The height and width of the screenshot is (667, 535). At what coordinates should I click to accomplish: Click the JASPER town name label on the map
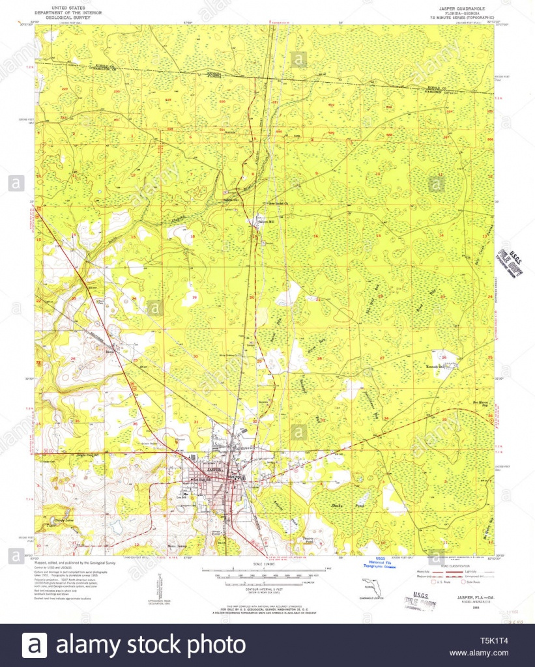click(215, 470)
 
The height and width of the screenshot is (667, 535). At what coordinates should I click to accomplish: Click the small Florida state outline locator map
click(369, 587)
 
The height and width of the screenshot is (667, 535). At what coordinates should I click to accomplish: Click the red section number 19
click(194, 296)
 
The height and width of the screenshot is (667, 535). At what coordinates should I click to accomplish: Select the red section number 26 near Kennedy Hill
click(443, 356)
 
